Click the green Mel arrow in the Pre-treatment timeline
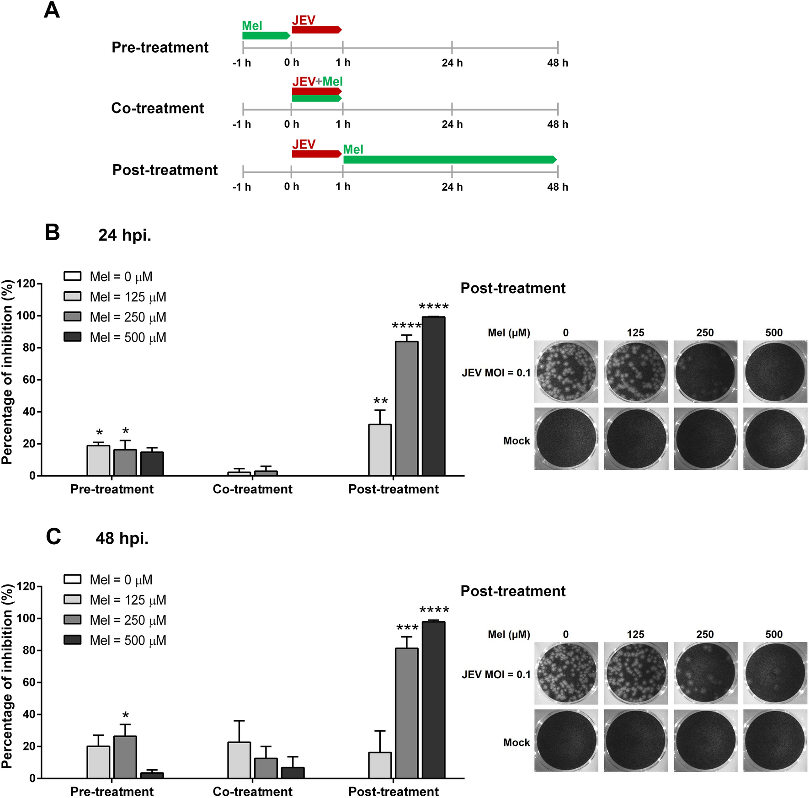click(266, 36)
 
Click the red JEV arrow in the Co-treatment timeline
click(316, 91)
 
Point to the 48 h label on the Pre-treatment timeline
click(557, 63)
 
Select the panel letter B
click(53, 232)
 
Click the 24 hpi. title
click(124, 235)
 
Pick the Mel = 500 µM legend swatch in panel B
click(72, 337)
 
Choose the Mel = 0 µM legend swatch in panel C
click(72, 579)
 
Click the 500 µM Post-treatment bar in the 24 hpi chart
click(433, 396)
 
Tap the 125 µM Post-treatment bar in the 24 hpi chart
click(380, 450)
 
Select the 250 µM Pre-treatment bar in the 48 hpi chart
click(125, 757)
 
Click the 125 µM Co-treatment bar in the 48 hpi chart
click(239, 760)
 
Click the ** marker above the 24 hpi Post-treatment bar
click(380, 402)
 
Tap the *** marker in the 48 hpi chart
click(407, 627)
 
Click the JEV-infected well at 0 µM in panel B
click(566, 371)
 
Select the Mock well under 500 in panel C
click(775, 741)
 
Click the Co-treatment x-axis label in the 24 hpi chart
click(252, 489)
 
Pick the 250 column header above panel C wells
click(705, 634)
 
